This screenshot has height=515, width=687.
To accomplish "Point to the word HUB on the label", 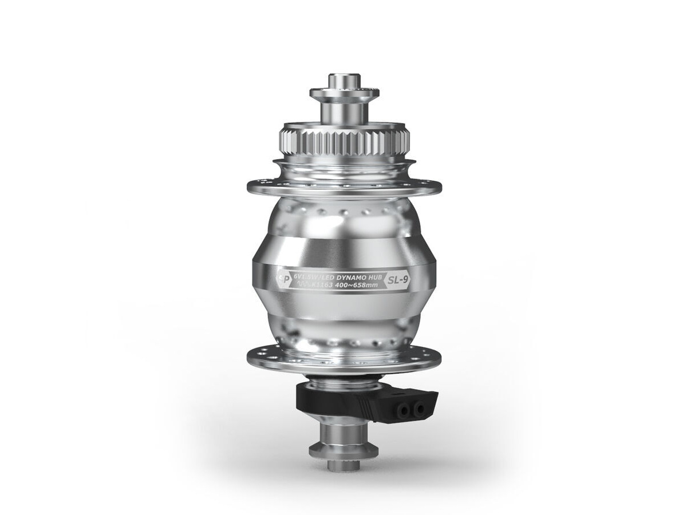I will (374, 275).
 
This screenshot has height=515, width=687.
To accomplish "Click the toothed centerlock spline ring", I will (344, 140).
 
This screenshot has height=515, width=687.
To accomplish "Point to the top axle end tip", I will (344, 77).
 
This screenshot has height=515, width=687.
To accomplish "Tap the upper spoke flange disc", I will (344, 187).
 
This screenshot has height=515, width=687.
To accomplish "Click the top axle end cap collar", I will (344, 93).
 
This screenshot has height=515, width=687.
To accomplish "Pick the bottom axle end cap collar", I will (344, 450).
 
